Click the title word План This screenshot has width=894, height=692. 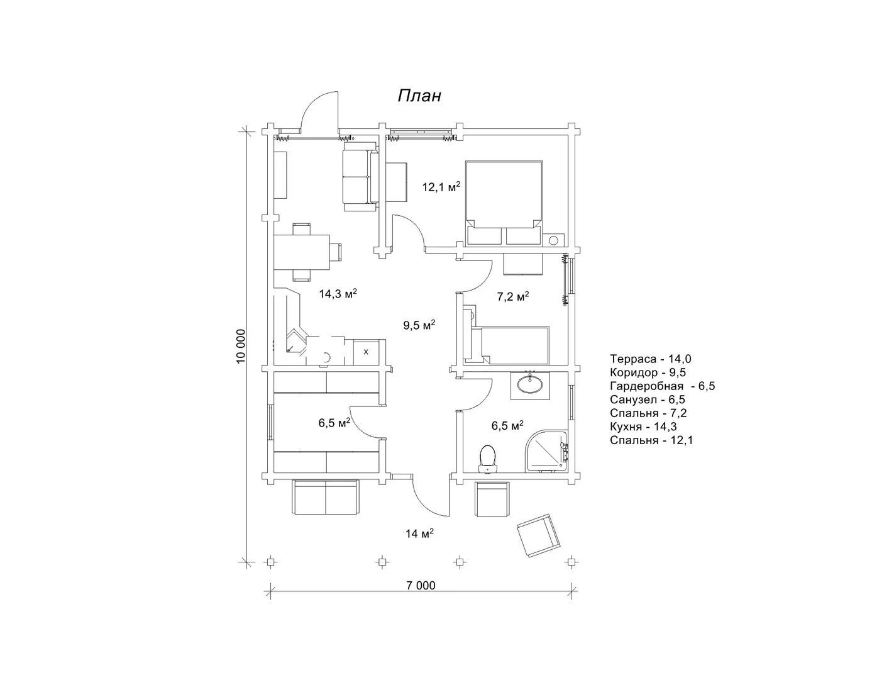tap(419, 96)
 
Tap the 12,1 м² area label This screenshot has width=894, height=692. tap(441, 187)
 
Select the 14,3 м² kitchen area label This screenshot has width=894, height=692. tap(338, 294)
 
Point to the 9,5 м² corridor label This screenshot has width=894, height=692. tap(419, 325)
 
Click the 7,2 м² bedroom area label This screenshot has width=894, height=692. tap(512, 296)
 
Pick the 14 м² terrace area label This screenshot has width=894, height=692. tap(419, 533)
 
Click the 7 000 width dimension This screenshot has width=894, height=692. tap(421, 586)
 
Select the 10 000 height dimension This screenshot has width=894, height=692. tap(241, 346)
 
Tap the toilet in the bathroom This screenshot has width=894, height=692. tap(487, 459)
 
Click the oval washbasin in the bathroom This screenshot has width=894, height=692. tap(530, 385)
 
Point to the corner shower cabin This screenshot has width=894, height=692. tap(546, 451)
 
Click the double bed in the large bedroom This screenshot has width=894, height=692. tap(504, 203)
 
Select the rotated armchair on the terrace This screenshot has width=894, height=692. tap(539, 535)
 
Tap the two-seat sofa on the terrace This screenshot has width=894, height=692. tap(326, 497)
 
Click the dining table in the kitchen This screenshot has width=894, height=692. tap(302, 252)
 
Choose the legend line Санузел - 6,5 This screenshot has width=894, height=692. tap(647, 399)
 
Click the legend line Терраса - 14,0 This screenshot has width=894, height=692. tap(651, 359)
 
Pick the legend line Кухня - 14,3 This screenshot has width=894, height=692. tap(643, 427)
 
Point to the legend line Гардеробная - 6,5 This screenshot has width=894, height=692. tap(663, 386)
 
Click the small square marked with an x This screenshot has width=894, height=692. tap(366, 352)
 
